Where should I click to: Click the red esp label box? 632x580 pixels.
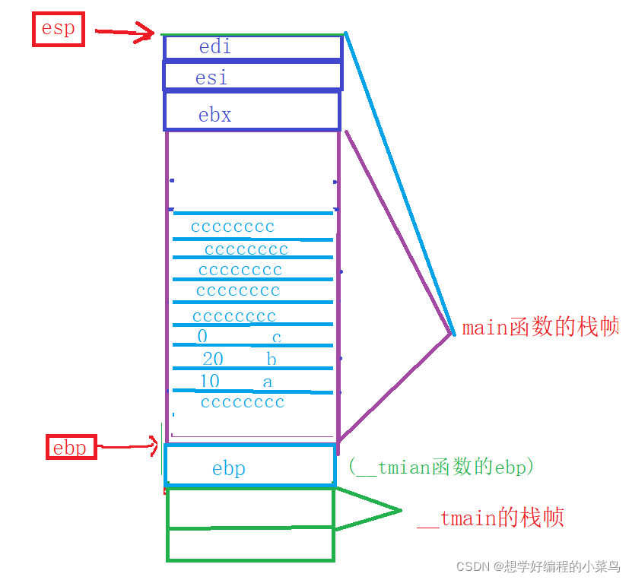(58, 30)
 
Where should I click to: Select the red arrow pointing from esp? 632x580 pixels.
(125, 31)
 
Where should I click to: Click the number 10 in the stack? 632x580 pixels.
(209, 381)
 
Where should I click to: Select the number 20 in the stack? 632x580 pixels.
(213, 359)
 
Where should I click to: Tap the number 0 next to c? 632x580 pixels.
(202, 336)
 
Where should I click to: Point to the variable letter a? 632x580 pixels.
(267, 382)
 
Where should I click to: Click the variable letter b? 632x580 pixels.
(272, 359)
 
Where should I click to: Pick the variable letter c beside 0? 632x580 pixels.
(276, 337)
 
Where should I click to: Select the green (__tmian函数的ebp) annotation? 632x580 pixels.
(441, 467)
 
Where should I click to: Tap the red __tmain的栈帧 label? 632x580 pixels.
(491, 518)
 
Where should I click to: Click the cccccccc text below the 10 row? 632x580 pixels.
(243, 402)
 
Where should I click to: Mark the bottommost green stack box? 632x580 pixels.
(250, 544)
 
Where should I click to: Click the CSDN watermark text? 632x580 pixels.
(537, 566)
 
